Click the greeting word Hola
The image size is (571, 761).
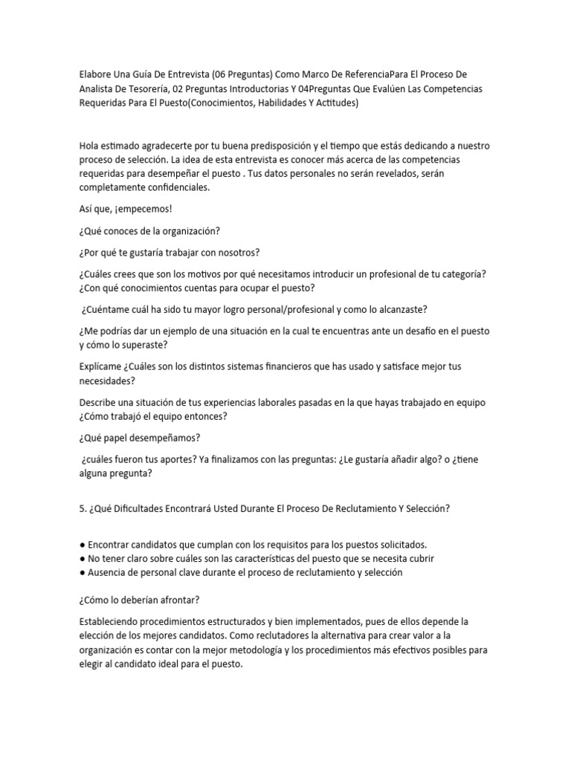(x=88, y=146)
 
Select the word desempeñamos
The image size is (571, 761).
(x=157, y=438)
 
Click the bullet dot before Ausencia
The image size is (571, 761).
(x=81, y=573)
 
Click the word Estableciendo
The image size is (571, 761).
(x=111, y=621)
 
